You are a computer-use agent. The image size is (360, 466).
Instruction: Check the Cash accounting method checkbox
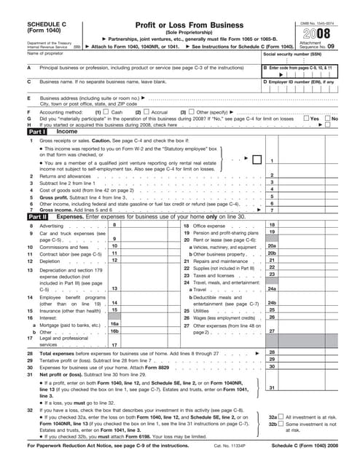(107, 113)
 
